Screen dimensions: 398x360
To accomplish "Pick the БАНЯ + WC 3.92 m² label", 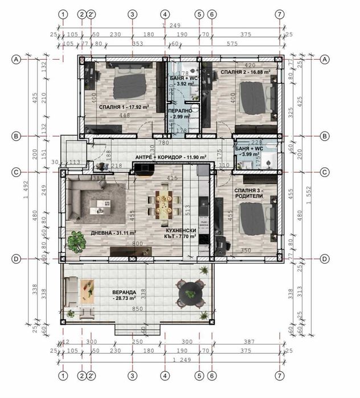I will tap(183, 80).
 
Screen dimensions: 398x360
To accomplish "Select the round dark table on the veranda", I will tap(189, 293).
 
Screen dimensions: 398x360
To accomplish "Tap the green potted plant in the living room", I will tap(75, 241).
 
